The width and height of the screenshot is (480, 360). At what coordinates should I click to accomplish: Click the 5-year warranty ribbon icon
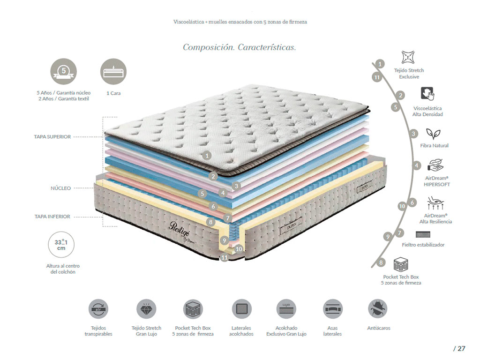pos(63,71)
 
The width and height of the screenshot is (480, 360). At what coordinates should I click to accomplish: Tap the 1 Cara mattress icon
pos(113,71)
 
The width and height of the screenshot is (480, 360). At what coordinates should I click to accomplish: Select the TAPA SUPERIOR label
pos(52,137)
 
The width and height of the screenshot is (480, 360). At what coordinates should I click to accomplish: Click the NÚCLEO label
pos(61,188)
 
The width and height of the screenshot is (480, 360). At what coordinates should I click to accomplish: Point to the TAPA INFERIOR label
pos(52,217)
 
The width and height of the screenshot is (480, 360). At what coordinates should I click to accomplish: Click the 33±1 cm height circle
pos(61,246)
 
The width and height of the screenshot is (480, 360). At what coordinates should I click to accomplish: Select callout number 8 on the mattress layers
pos(211,222)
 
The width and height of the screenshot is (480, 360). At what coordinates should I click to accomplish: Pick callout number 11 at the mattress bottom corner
pos(225,257)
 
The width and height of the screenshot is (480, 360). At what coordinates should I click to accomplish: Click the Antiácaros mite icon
pos(378,309)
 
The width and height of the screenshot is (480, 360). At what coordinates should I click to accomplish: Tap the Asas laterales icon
pos(332,309)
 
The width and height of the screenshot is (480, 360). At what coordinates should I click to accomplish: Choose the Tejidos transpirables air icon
pos(98,309)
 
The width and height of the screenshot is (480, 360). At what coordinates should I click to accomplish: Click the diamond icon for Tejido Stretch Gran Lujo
pos(146,309)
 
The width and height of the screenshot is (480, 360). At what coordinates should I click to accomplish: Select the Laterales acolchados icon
pos(241,309)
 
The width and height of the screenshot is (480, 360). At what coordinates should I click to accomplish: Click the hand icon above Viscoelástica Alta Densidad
pos(427,94)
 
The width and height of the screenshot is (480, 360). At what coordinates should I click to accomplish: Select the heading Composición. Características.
pos(239,47)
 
